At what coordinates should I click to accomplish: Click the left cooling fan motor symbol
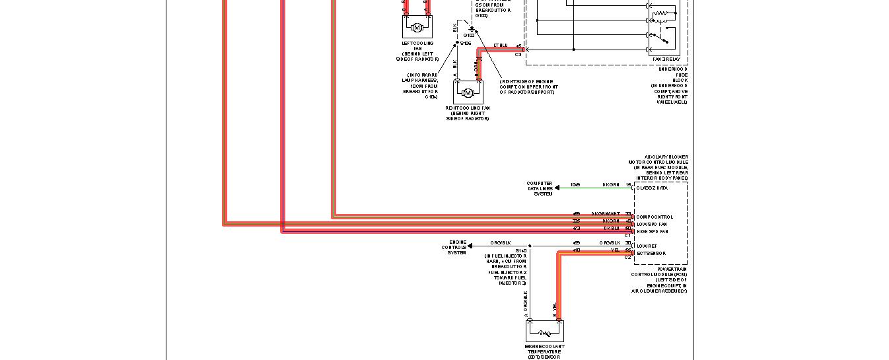(x=416, y=27)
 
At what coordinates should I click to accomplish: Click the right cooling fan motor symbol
(x=468, y=92)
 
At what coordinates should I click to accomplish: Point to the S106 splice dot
(x=456, y=44)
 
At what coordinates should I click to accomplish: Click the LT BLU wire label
(x=501, y=45)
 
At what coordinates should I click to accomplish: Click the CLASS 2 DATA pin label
(x=652, y=188)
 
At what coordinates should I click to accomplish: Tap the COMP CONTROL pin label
(x=655, y=217)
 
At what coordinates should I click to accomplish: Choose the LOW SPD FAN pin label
(x=653, y=224)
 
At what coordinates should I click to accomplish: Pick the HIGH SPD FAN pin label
(x=653, y=231)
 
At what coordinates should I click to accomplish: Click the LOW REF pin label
(x=647, y=246)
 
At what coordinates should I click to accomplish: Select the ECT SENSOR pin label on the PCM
(x=651, y=253)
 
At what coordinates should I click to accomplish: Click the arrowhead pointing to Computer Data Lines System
(x=557, y=188)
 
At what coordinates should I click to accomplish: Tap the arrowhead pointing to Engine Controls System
(x=470, y=246)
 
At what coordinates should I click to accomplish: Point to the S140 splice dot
(x=530, y=246)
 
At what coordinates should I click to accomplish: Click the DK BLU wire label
(x=612, y=229)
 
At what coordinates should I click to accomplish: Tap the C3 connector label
(x=518, y=54)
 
